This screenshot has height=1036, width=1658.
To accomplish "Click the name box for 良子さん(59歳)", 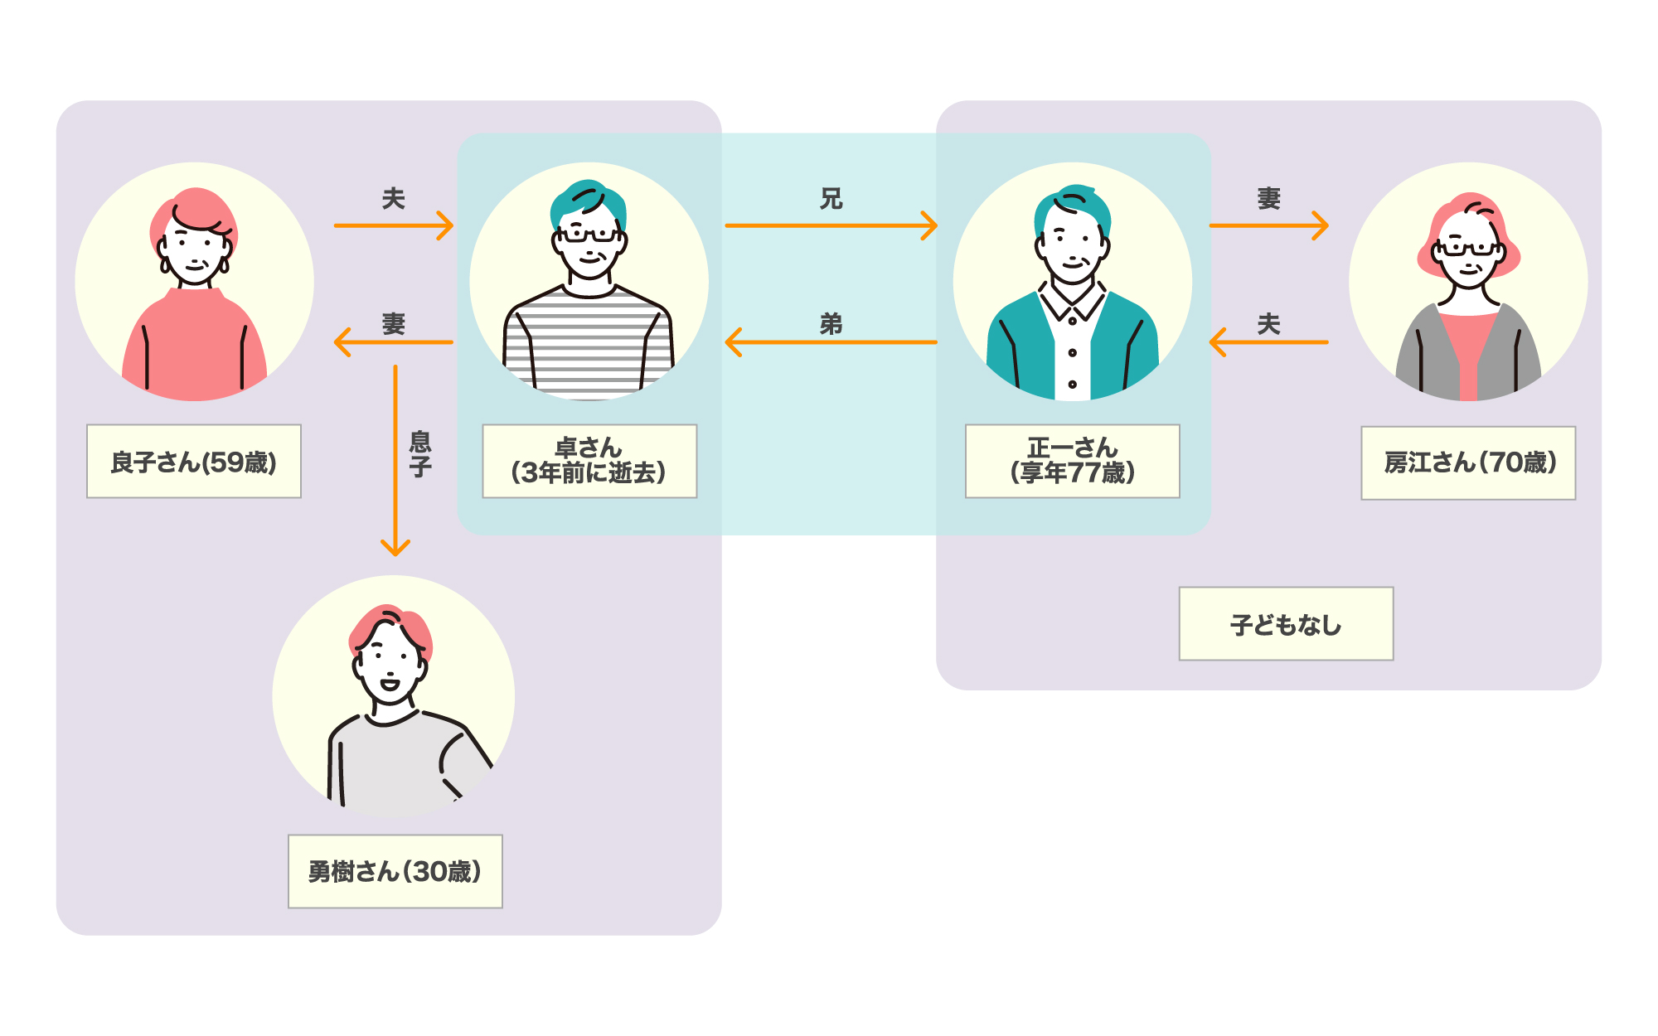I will [x=194, y=462].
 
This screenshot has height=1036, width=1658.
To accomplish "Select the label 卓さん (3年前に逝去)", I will [x=589, y=462].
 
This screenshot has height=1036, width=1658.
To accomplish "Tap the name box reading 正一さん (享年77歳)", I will [x=1072, y=462].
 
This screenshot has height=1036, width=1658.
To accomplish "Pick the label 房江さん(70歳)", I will [x=1468, y=463].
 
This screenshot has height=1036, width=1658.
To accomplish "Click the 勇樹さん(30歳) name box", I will [x=395, y=871].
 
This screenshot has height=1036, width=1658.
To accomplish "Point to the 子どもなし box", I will [x=1286, y=624].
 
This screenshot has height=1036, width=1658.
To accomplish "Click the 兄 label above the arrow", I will [x=831, y=199].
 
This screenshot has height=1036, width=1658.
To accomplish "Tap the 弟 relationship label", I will [x=831, y=324].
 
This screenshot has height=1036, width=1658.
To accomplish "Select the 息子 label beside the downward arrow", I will [x=420, y=454].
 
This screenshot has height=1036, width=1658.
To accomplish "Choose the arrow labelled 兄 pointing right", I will [x=831, y=225].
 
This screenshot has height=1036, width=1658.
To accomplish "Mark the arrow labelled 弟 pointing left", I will [x=831, y=342].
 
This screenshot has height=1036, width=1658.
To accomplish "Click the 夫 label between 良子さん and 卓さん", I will [x=393, y=199].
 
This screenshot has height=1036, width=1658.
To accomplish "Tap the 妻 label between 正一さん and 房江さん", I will [x=1268, y=199].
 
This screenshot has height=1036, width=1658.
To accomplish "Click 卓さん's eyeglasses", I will [x=589, y=235].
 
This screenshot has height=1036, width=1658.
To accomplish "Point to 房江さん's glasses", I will [x=1468, y=248].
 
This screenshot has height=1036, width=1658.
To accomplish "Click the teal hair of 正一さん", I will [x=1074, y=203].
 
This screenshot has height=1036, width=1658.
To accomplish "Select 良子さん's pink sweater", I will [x=194, y=348].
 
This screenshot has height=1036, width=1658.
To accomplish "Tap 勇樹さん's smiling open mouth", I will [x=389, y=685].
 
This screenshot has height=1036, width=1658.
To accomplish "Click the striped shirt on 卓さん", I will [x=589, y=344].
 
